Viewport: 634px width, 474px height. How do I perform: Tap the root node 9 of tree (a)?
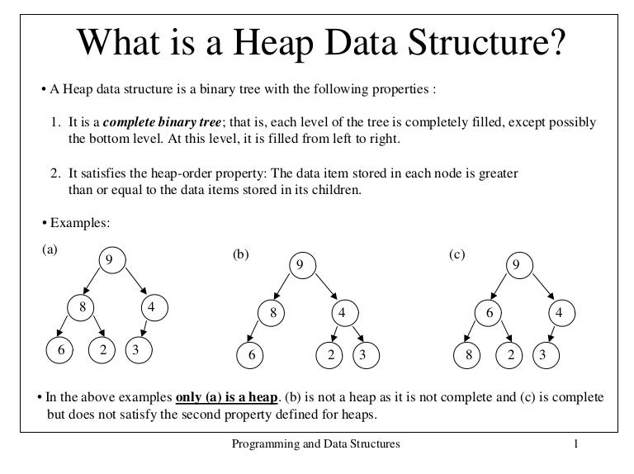112,259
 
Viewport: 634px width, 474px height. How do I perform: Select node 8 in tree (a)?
81,307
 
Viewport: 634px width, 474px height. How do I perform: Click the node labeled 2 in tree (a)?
102,350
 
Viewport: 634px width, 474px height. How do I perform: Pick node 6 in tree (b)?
250,355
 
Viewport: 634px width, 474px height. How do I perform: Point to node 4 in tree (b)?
345,313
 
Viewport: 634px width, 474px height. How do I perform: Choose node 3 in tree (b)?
366,355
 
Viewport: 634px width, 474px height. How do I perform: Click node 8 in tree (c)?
467,355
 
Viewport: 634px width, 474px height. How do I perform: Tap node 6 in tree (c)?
488,313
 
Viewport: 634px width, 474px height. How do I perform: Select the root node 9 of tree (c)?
519,265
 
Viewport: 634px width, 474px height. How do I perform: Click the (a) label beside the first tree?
50,249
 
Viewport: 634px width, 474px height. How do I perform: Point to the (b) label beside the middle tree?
240,254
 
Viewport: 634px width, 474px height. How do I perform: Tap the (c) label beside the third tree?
457,254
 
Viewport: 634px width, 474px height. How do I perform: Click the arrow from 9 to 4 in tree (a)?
136,281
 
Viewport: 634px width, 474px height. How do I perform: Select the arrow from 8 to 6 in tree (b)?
252,331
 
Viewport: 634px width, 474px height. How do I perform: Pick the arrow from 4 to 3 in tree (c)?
551,334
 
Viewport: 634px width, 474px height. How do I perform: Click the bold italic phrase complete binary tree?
162,122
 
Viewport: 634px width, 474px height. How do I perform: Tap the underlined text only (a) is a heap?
227,397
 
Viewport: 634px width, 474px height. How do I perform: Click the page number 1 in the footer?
575,443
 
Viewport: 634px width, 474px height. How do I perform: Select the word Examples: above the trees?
80,223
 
